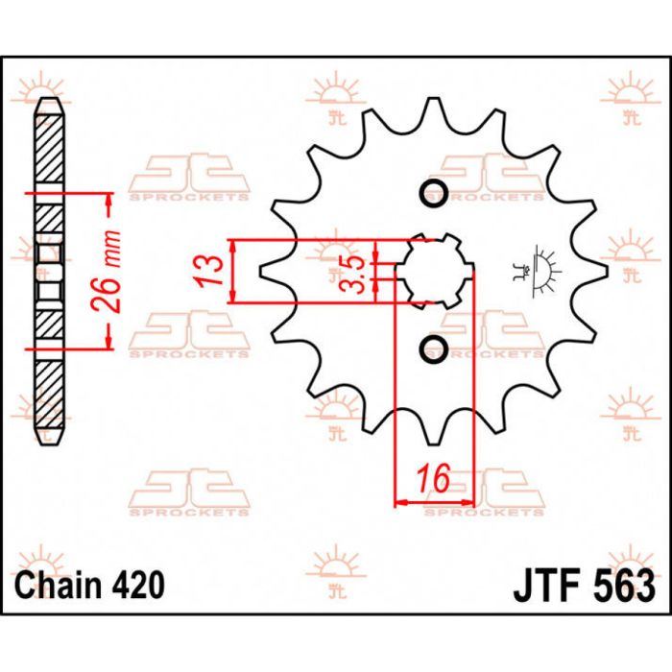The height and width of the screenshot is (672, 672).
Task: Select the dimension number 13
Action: click(215, 270)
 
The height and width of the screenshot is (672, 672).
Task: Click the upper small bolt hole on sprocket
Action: click(434, 192)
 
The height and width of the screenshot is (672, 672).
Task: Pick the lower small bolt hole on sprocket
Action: click(434, 347)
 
